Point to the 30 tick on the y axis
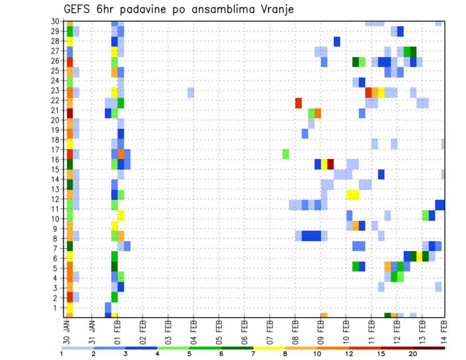(x=55, y=21)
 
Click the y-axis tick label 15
(x=55, y=169)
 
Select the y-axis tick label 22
(x=55, y=100)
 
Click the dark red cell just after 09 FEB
(x=331, y=164)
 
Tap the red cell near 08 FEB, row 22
(x=299, y=103)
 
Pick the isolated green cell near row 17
(x=286, y=154)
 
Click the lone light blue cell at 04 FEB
(x=191, y=92)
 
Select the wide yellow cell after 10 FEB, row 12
(x=352, y=195)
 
